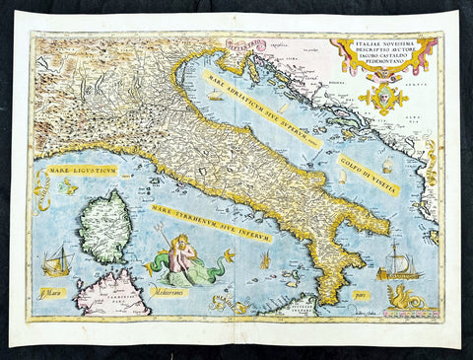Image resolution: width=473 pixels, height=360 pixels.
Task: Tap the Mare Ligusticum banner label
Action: [82, 171]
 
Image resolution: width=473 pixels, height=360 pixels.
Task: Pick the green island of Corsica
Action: [104, 227]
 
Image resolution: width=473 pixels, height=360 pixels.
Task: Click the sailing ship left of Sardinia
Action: [57, 262]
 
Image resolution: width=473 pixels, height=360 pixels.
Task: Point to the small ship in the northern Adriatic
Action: [215, 96]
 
